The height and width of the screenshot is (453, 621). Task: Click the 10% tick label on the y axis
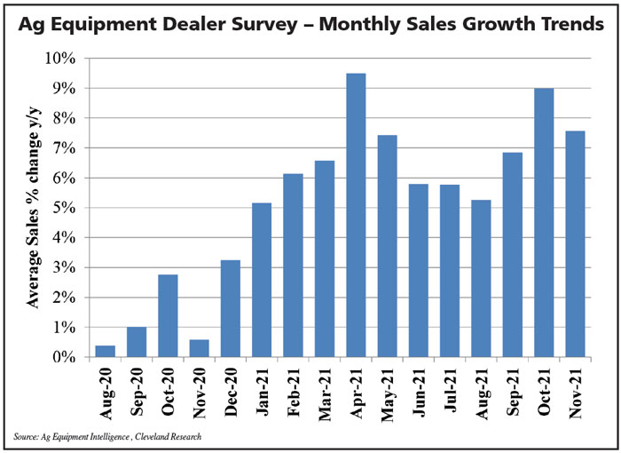tap(63, 59)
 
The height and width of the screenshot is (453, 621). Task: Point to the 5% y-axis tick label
tap(67, 208)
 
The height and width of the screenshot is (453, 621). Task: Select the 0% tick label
tap(67, 357)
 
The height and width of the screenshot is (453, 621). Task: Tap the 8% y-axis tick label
tap(67, 118)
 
